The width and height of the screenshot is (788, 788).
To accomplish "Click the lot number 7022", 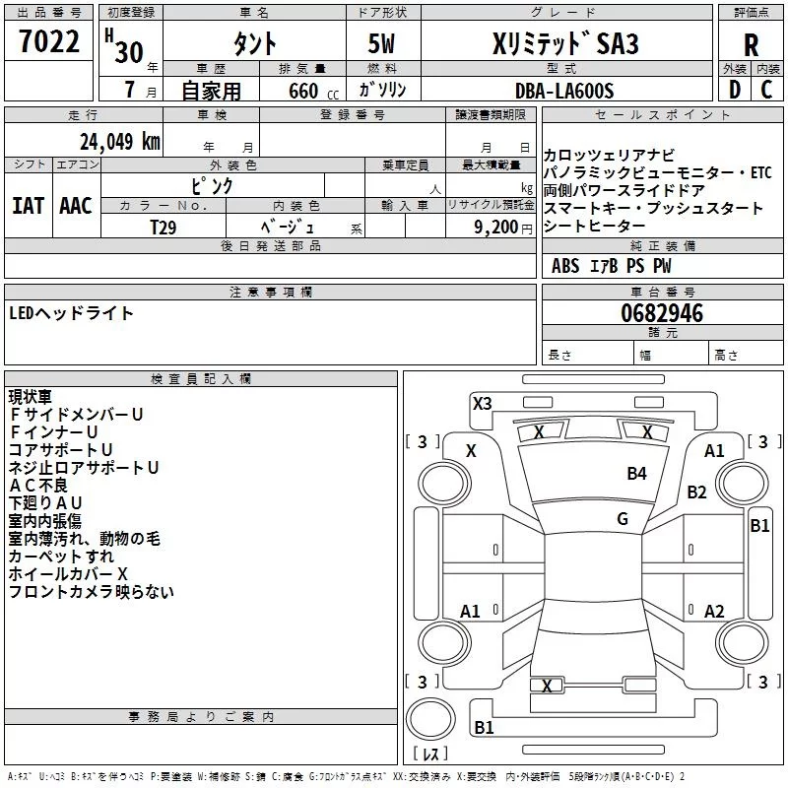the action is (49, 41).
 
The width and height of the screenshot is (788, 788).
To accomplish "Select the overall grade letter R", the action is (751, 45).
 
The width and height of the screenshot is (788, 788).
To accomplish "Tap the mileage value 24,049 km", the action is (120, 142).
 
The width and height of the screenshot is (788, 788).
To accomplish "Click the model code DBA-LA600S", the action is (564, 91).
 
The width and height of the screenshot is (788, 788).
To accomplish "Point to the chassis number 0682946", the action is (662, 313).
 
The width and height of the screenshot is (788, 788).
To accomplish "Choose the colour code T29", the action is (164, 228).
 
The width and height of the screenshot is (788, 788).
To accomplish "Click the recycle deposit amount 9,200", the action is (496, 228).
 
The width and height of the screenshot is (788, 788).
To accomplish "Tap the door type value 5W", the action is (381, 43).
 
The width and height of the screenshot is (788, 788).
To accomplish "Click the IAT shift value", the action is (29, 206).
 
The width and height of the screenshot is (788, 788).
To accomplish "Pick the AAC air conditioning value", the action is (76, 206).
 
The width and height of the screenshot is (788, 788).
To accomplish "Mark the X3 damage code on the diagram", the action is (482, 404).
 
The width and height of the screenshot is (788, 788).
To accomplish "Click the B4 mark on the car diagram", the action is (636, 474).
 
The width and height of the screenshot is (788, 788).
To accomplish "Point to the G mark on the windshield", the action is (623, 519).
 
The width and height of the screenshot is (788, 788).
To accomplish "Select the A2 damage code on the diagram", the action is (714, 612).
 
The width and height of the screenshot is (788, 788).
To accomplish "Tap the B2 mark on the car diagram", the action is (696, 492).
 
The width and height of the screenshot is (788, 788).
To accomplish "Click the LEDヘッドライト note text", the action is (71, 313).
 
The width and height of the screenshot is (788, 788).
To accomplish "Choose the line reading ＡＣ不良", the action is (38, 486).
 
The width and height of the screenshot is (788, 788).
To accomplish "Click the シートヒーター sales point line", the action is (594, 227).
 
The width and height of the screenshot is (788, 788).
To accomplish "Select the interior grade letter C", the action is (766, 90).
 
